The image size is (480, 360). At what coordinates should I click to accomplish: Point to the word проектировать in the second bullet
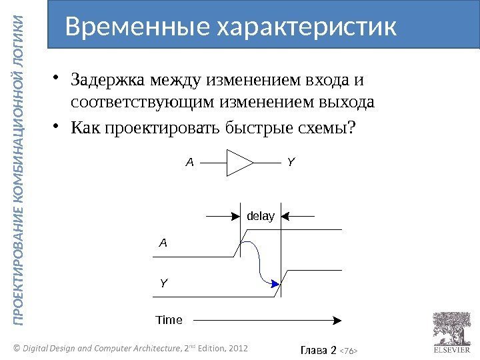coord(161,127)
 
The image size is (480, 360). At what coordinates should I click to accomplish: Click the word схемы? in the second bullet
coord(329,127)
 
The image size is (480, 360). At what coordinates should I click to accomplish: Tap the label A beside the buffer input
coord(189,162)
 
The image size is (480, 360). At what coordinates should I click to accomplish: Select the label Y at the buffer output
coord(291,162)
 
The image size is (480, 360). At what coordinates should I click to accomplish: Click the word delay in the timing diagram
coord(261,216)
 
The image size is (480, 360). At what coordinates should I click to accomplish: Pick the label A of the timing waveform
coord(163,243)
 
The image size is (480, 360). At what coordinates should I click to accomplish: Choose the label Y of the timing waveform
coord(163,283)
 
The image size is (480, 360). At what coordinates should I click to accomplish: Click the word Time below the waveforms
coord(169,320)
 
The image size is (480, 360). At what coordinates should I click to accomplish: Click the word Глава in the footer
coord(311,347)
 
